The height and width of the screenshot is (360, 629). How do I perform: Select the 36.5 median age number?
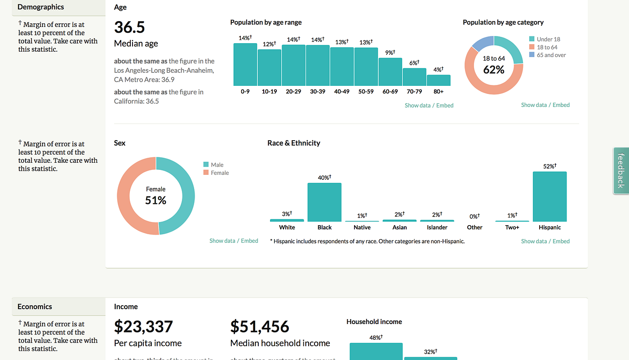pos(129,27)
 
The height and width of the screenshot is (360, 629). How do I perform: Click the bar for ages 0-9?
pos(245,65)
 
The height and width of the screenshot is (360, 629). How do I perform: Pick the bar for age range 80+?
pos(439,80)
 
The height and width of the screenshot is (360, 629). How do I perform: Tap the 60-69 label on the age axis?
pos(390,92)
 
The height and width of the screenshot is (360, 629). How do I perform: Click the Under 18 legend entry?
pos(548,39)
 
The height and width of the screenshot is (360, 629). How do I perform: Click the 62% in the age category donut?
pos(494,70)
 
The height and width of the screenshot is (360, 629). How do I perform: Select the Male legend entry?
pos(217,165)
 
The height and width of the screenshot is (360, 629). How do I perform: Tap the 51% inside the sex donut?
pos(155,200)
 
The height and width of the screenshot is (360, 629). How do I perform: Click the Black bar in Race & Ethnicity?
pos(324,202)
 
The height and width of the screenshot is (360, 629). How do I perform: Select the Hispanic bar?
pos(549,197)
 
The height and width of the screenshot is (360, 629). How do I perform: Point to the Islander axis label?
pos(437,227)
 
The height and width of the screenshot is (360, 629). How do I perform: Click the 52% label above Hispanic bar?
pos(549,166)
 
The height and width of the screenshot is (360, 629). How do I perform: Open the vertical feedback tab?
pos(621,171)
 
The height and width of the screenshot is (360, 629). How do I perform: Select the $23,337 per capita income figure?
pos(143,327)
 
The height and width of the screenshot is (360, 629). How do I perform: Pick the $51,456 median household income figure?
pos(260,327)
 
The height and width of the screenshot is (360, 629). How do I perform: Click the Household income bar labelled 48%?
pos(376,351)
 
